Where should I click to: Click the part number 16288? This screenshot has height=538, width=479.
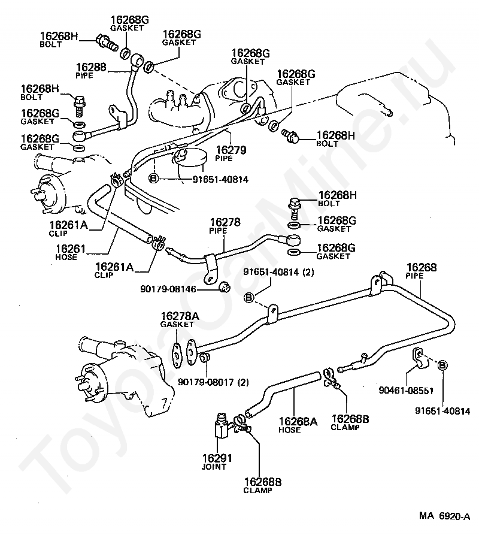pos(91,67)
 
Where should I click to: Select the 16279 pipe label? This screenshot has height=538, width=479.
pos(231,150)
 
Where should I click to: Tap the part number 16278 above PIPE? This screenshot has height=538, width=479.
pos(225,222)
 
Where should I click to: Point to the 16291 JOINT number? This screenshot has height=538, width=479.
pos(217,458)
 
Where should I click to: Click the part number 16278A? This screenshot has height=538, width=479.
pos(180,316)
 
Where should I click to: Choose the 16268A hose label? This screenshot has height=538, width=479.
pos(298,421)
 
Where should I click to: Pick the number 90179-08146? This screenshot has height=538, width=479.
pos(168,289)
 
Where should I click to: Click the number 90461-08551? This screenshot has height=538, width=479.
pos(406,390)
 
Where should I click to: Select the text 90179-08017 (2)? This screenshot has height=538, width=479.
pos(213,382)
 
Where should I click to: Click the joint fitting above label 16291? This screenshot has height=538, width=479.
pos(221,425)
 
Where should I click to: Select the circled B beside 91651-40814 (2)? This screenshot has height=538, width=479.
pos(248,297)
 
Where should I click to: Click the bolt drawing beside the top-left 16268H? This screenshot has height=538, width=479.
pos(107,42)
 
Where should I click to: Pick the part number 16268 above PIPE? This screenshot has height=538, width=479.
pos(422,267)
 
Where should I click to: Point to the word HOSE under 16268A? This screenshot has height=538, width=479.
pos(289,430)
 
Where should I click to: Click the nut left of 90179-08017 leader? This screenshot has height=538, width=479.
pos(205,358)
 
